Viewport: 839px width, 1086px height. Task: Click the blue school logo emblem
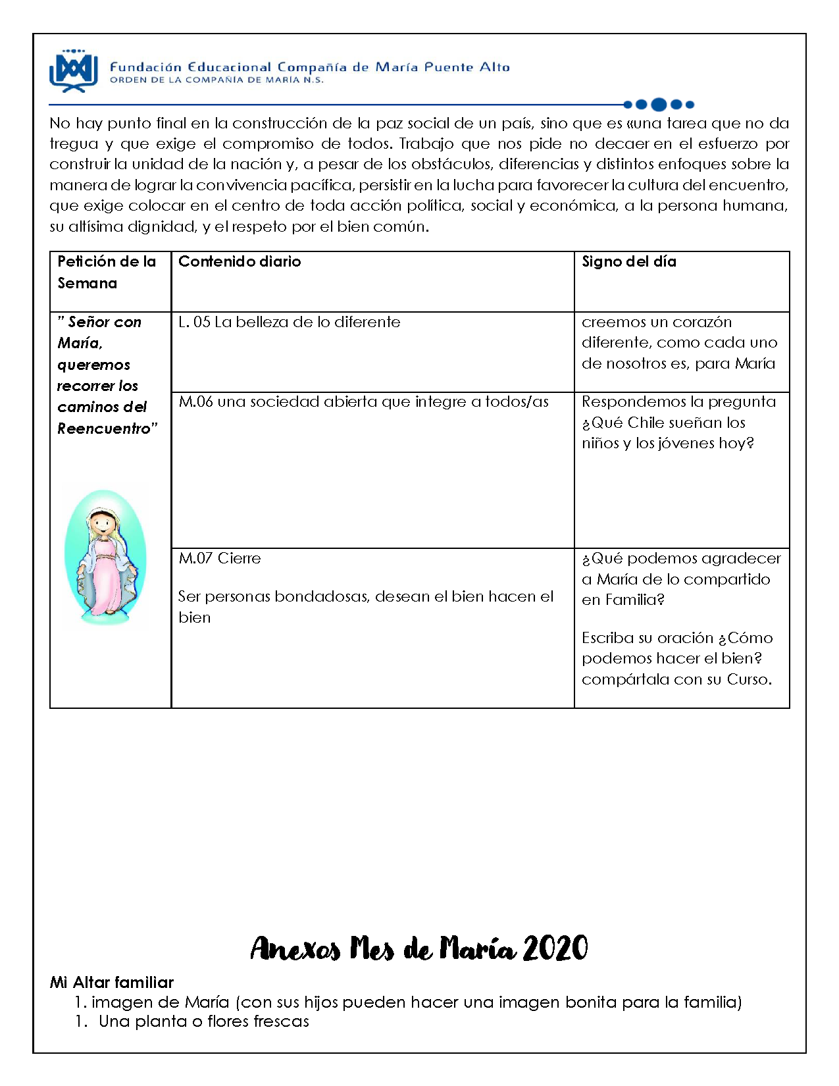coord(73,70)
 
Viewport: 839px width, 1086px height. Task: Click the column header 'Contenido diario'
coord(240,261)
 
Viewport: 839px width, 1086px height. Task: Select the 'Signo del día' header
coord(628,261)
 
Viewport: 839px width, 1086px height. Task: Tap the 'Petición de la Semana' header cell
coord(107,272)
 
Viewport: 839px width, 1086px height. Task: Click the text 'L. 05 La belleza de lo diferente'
coord(289,322)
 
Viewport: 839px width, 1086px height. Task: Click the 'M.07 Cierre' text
coord(220,558)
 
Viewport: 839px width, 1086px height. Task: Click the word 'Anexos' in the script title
coord(295,948)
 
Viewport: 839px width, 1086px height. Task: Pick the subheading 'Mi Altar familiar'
coord(111,982)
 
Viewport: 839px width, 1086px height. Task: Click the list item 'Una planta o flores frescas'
coord(203,1021)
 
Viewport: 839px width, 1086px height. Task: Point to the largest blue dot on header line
coord(658,104)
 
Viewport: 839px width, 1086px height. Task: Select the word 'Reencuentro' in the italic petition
coord(105,428)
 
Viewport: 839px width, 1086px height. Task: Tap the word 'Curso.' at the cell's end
coord(749,679)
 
